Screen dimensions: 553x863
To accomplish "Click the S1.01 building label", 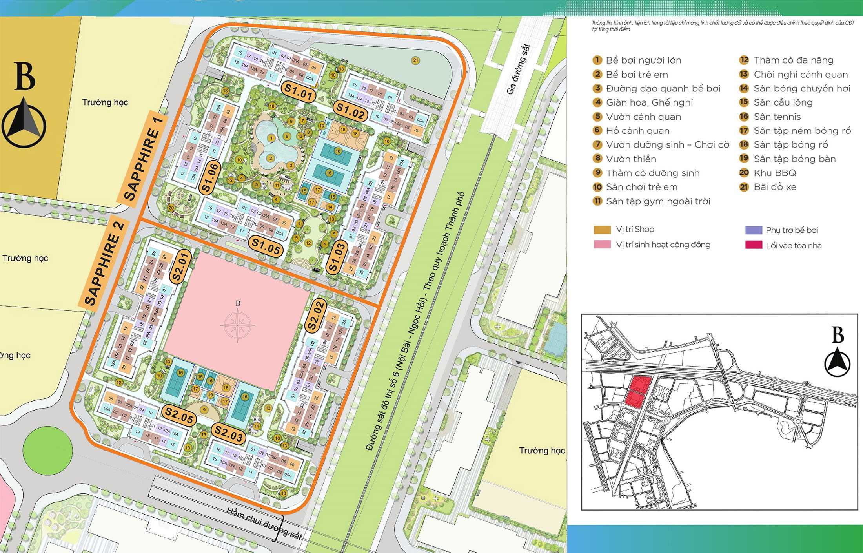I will click(x=299, y=93).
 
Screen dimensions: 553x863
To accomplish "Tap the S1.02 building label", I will click(x=351, y=111).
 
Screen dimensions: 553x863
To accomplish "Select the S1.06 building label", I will click(x=210, y=178).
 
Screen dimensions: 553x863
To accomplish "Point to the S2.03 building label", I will click(x=229, y=434).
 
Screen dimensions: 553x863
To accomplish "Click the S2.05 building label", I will click(x=179, y=415).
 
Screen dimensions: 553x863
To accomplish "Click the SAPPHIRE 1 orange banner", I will click(x=143, y=159).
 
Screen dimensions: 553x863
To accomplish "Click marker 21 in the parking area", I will click(x=415, y=60).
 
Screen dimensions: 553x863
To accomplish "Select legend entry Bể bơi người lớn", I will click(x=643, y=60).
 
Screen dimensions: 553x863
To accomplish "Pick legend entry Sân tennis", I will click(x=777, y=117).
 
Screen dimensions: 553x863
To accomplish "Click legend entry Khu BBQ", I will click(x=774, y=173).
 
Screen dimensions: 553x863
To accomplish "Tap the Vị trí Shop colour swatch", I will click(x=602, y=230).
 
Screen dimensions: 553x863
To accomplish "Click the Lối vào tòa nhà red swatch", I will click(x=753, y=245).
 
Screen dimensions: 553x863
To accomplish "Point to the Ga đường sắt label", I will click(x=518, y=69).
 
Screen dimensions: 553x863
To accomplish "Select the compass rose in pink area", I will click(x=238, y=325).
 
